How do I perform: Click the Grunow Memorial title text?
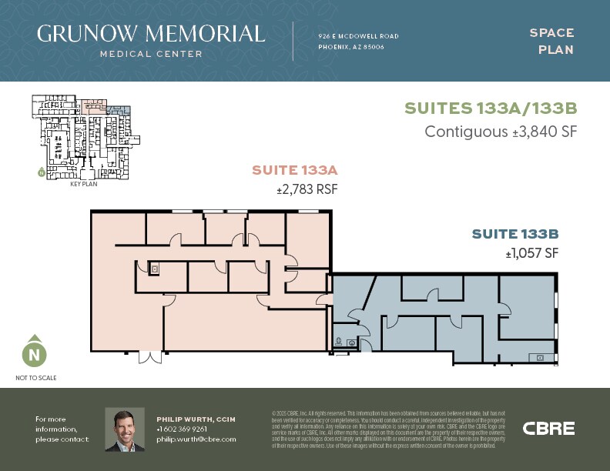click(151, 33)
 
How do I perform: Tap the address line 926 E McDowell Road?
click(358, 36)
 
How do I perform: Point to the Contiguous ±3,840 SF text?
click(501, 132)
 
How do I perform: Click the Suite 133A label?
click(296, 170)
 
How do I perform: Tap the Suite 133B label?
click(514, 234)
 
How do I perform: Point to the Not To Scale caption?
click(35, 378)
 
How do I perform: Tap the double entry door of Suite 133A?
click(150, 356)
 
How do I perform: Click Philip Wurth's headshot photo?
click(124, 429)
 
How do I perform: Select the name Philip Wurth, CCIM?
click(195, 419)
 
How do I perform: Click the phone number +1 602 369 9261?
click(181, 429)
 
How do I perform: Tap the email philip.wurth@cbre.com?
click(196, 439)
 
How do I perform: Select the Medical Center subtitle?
click(151, 54)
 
